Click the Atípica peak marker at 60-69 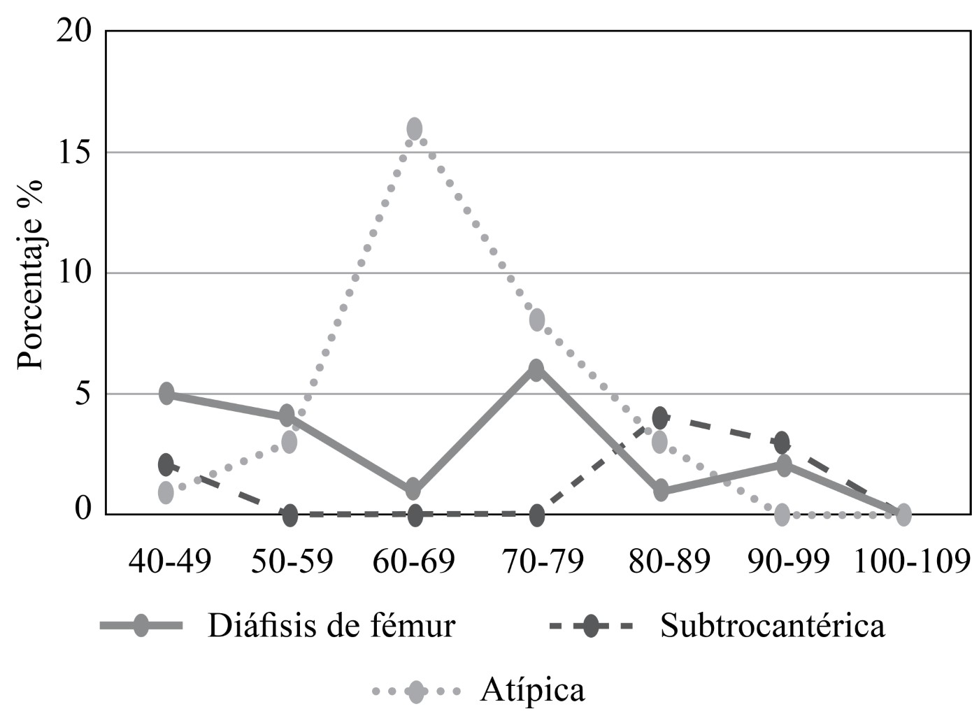(415, 129)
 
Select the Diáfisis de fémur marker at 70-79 (536, 370)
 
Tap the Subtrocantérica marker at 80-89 (660, 418)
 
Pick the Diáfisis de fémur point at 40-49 (166, 394)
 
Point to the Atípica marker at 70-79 (537, 320)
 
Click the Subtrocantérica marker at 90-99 (782, 443)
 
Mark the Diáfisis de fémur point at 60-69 (414, 489)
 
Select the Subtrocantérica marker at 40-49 (166, 464)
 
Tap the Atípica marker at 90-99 (782, 515)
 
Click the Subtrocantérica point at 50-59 (290, 516)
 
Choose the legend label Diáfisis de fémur (331, 626)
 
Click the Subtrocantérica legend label (772, 626)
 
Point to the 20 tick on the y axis (74, 31)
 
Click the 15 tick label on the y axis (74, 152)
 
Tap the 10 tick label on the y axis (74, 273)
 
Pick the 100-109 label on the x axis (912, 561)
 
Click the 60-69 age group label (414, 561)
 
